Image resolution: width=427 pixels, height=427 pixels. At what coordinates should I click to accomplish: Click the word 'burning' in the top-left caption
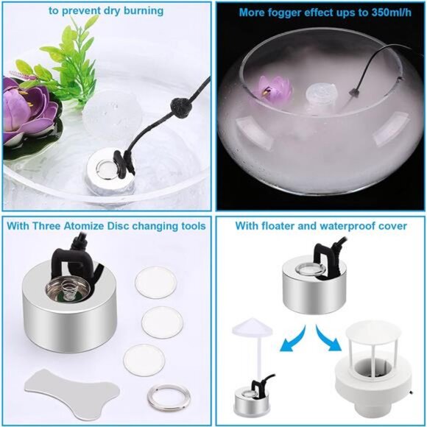coord(144,11)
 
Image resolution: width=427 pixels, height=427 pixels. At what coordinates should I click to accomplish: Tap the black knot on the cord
coord(179,107)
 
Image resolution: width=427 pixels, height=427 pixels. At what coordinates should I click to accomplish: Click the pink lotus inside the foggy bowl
coord(275,87)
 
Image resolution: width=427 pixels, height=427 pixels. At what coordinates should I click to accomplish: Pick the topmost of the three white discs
coord(155,282)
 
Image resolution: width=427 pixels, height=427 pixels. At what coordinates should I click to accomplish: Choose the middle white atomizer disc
coord(162,322)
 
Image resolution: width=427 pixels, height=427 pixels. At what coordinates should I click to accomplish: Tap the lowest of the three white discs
coord(144,360)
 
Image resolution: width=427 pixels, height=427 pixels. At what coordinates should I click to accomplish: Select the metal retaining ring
coord(169,397)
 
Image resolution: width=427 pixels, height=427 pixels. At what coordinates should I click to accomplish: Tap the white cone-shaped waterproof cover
coord(253,325)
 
